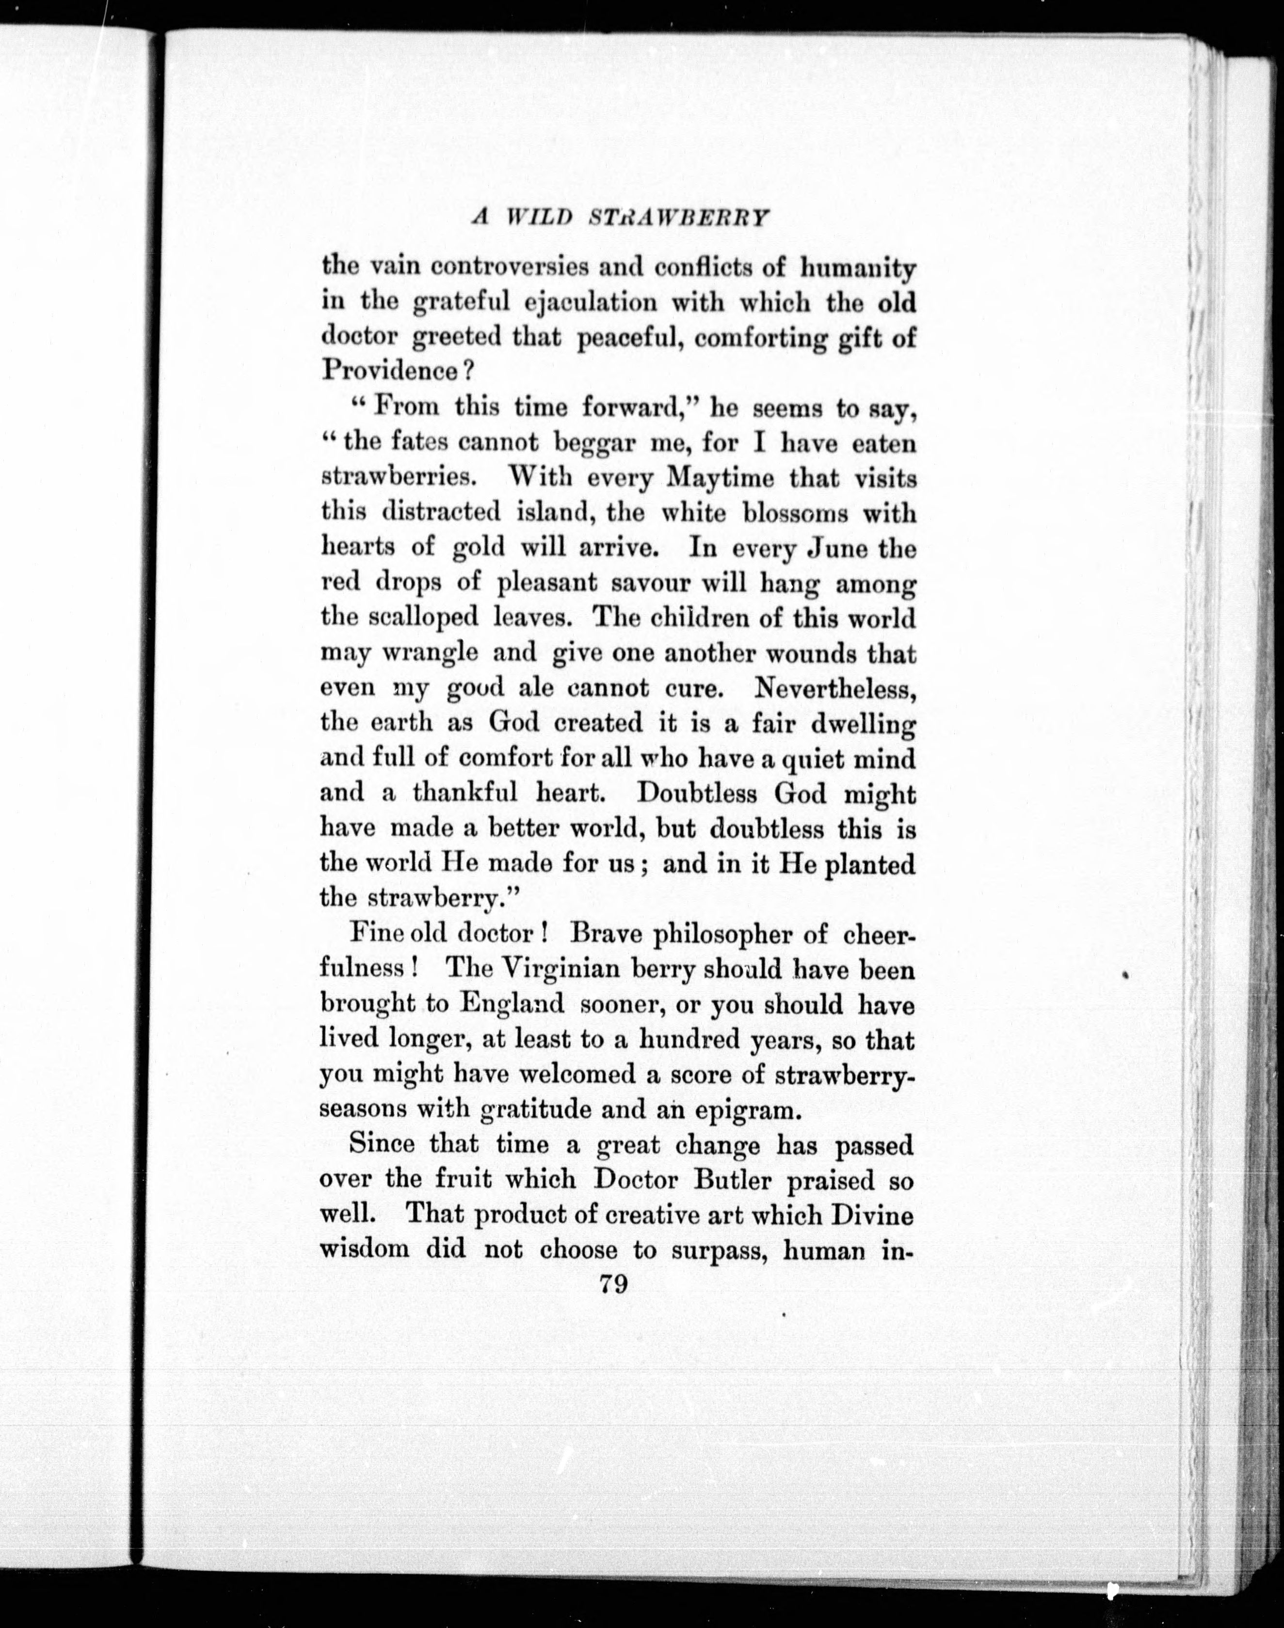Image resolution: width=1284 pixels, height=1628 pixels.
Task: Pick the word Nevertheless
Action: [835, 688]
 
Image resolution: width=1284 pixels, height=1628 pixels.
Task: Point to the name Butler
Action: [731, 1180]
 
